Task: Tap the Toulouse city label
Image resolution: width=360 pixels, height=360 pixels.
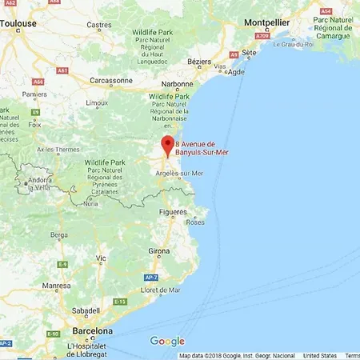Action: [19, 25]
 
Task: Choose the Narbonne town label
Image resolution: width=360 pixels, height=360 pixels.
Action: [177, 84]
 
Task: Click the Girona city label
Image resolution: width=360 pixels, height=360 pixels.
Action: [158, 250]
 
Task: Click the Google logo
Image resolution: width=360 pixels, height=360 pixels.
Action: [167, 342]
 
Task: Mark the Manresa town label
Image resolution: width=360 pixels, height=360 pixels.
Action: [57, 286]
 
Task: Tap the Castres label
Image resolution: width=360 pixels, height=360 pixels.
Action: [99, 25]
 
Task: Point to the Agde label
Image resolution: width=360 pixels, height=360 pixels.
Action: [236, 71]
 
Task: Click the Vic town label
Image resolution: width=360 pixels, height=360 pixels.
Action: [101, 258]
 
